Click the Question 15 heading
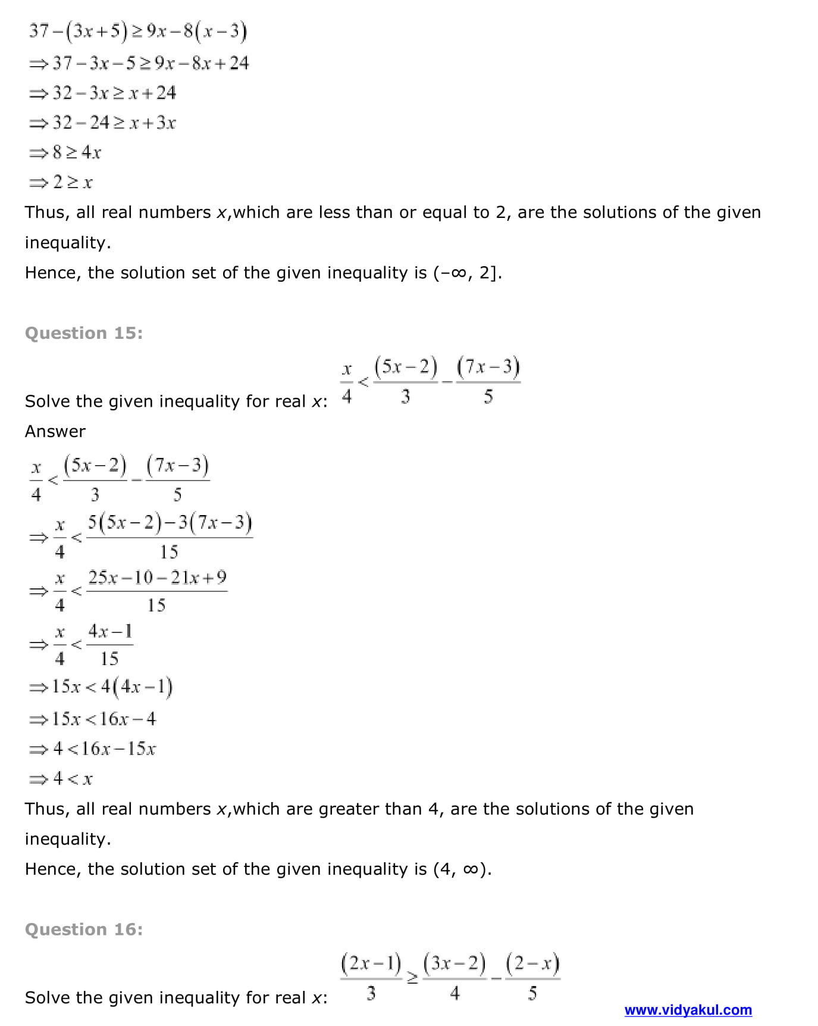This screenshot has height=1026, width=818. [x=84, y=333]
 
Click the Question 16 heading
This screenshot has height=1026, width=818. [x=84, y=930]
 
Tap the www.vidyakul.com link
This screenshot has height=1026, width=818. [x=688, y=1010]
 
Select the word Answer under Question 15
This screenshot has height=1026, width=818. [x=55, y=431]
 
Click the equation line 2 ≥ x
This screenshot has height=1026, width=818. [x=61, y=182]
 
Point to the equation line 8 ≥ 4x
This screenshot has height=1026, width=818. [x=65, y=152]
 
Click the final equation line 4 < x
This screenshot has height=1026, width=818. [x=61, y=778]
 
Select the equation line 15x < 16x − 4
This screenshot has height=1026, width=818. [x=93, y=719]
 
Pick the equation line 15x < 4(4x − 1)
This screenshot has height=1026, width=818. [x=101, y=687]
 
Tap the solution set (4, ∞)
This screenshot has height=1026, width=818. [x=462, y=869]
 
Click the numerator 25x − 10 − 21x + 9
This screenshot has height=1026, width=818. [x=157, y=578]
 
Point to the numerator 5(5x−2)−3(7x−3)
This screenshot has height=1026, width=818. [x=170, y=523]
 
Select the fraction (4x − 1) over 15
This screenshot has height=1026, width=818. [x=110, y=644]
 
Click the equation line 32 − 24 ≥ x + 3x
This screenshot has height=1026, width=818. [x=103, y=123]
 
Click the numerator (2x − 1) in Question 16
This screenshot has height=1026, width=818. [x=371, y=963]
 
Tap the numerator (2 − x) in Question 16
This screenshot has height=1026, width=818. [x=532, y=963]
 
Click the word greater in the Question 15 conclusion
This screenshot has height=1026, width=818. [x=349, y=809]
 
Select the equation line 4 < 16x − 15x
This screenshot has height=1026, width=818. [x=93, y=749]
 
